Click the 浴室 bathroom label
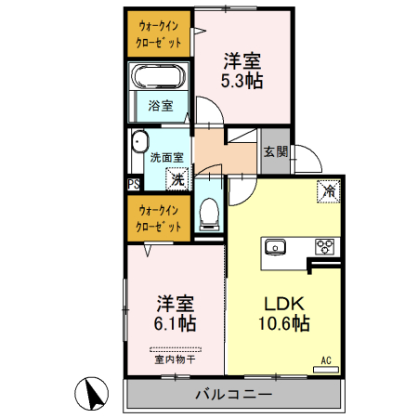pyautogui.click(x=161, y=105)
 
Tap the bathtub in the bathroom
pyautogui.click(x=159, y=77)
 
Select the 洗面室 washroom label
pyautogui.click(x=165, y=157)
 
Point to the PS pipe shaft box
pyautogui.click(x=132, y=184)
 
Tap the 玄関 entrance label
pyautogui.click(x=274, y=152)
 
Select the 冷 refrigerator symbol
pyautogui.click(x=329, y=191)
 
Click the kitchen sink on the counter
pyautogui.click(x=277, y=247)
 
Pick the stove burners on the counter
pyautogui.click(x=326, y=247)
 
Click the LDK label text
pyautogui.click(x=281, y=304)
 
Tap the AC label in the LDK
pyautogui.click(x=326, y=359)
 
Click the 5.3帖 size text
pyautogui.click(x=241, y=81)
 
